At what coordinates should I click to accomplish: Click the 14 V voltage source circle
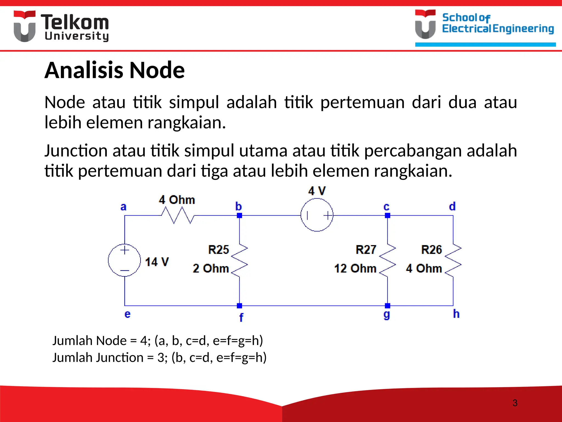[x=124, y=260]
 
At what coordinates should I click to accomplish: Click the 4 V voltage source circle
[x=317, y=215]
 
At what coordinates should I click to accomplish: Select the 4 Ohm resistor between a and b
[x=178, y=215]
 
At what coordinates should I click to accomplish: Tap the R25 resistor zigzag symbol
[x=240, y=260]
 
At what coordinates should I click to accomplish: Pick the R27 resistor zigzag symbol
[x=387, y=260]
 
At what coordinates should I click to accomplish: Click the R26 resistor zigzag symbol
[x=453, y=260]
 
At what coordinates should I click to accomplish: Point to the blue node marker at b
[x=239, y=215]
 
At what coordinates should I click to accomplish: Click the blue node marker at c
[x=387, y=215]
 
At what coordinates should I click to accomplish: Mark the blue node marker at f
[x=239, y=306]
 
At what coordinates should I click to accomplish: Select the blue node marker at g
[x=387, y=306]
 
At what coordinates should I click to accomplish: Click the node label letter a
[x=123, y=207]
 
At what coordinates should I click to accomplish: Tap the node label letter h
[x=456, y=314]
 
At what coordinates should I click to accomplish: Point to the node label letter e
[x=127, y=314]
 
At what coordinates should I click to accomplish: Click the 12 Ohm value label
[x=355, y=268]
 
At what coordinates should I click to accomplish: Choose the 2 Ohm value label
[x=211, y=268]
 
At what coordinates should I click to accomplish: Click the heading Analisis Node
[x=114, y=70]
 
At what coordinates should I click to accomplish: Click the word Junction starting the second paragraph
[x=76, y=151]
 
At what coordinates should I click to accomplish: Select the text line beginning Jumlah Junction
[x=159, y=357]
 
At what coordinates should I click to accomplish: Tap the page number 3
[x=515, y=403]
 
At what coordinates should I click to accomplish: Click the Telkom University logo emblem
[x=25, y=26]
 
